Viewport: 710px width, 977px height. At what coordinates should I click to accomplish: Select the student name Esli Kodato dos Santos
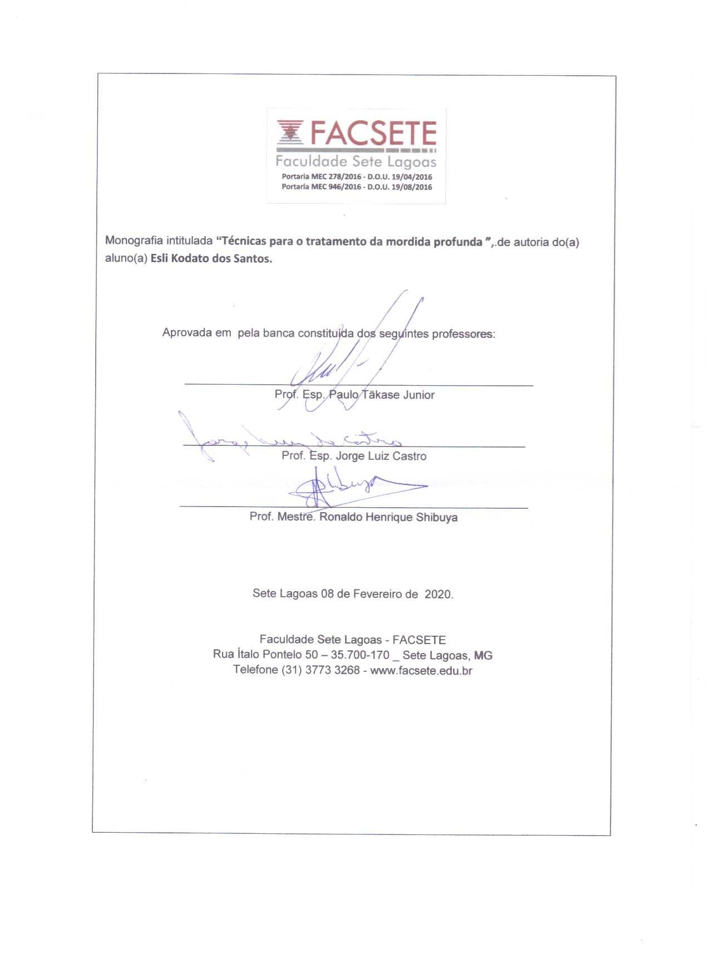(x=211, y=259)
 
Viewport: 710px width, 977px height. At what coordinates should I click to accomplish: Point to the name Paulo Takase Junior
(x=382, y=395)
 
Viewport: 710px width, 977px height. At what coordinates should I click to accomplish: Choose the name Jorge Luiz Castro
(x=381, y=456)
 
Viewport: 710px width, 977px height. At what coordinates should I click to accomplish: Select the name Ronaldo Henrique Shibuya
(x=388, y=517)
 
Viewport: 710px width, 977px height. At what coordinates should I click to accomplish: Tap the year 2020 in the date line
(x=438, y=594)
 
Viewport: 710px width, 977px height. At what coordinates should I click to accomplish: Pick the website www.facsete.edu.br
(x=421, y=670)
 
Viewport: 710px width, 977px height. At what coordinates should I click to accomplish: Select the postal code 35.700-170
(x=360, y=655)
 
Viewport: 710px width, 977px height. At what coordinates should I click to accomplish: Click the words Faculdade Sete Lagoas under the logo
(x=356, y=162)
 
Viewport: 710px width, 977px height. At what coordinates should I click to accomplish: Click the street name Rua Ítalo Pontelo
(x=257, y=655)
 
